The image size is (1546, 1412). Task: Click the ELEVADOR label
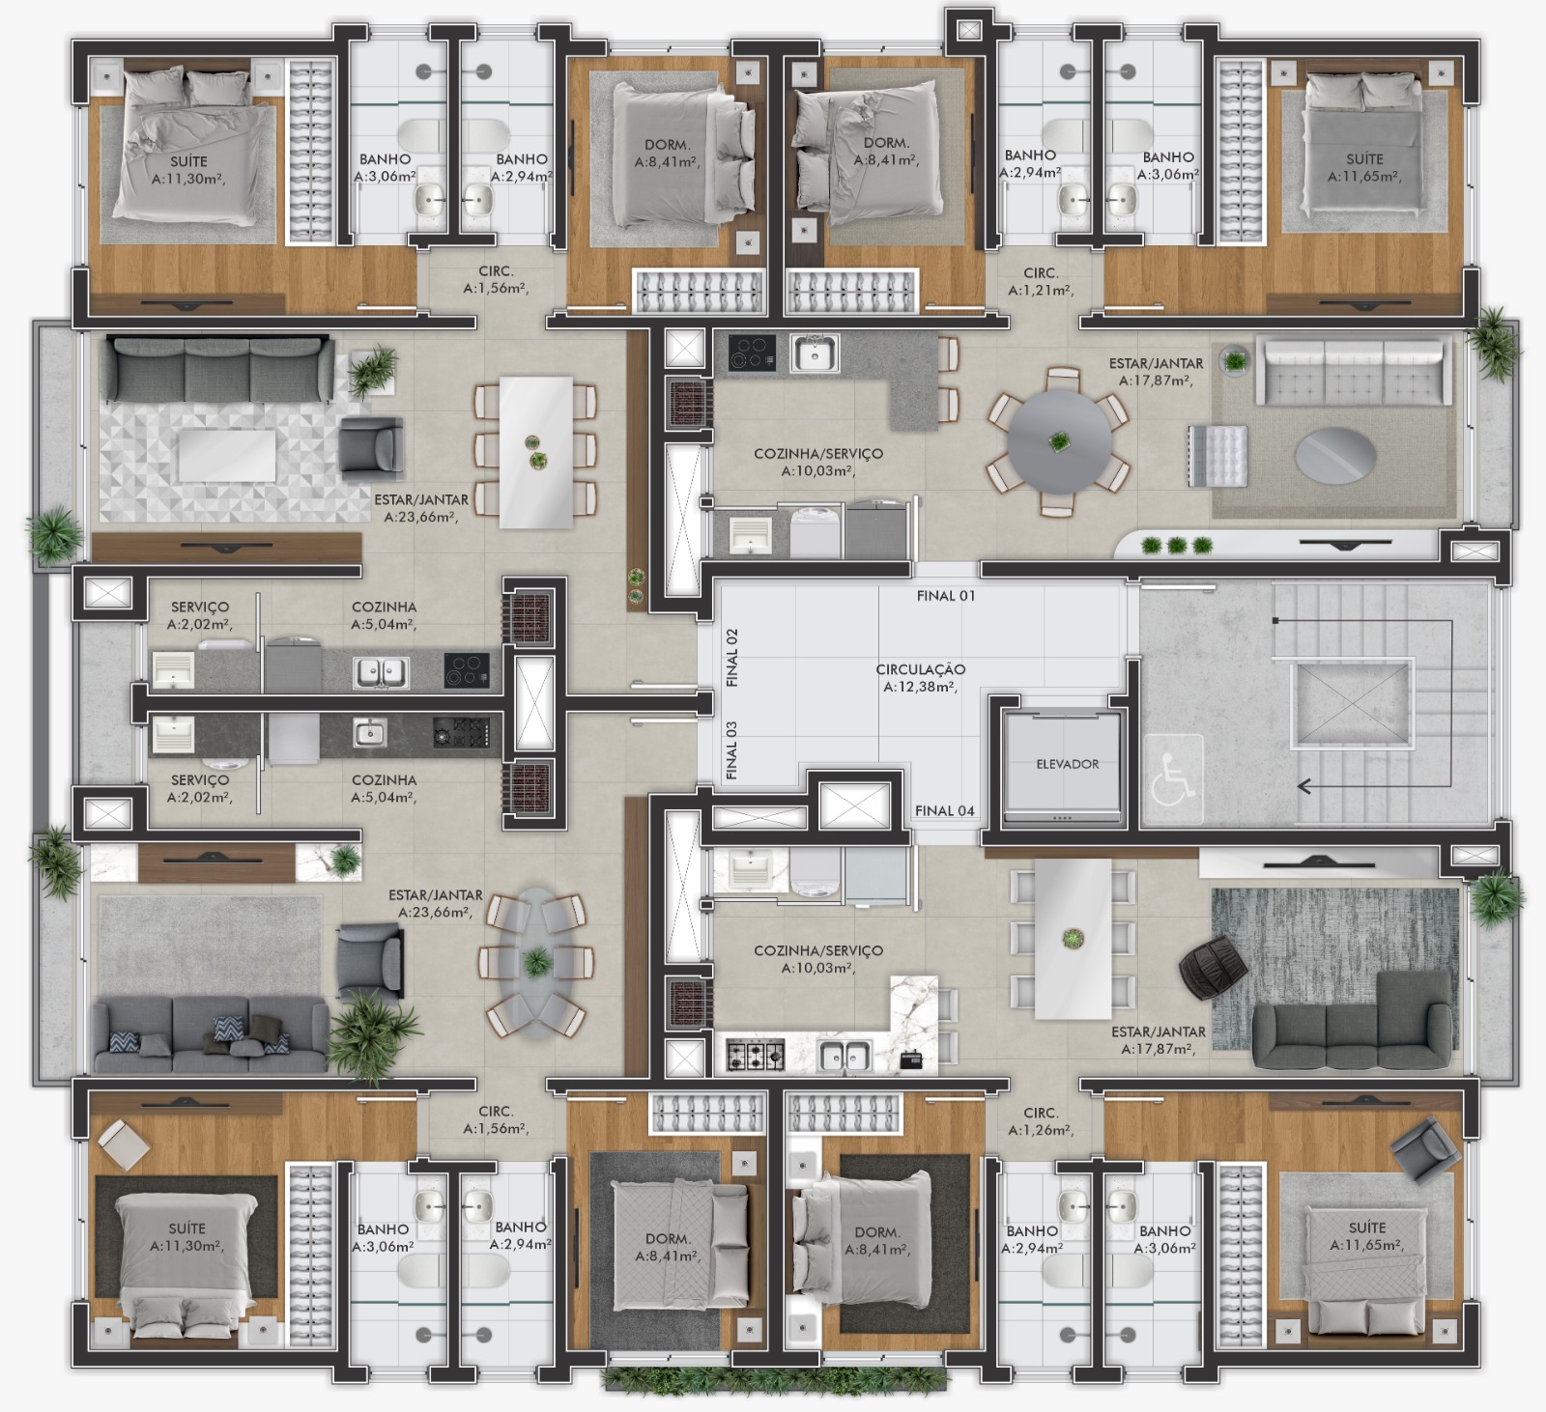pos(1067,764)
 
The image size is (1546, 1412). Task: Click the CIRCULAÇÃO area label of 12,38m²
pos(920,678)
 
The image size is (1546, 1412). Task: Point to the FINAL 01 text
pos(946,596)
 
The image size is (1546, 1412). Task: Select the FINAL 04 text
pos(944,810)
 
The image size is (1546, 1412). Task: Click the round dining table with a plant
pos(1059,442)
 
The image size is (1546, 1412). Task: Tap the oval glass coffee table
pos(1334,453)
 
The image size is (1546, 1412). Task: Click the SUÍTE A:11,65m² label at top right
pos(1364,168)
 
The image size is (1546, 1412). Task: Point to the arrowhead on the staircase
pos(1304,786)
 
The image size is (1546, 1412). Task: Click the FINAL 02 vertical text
pos(731,658)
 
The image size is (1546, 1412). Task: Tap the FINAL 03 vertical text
pos(731,750)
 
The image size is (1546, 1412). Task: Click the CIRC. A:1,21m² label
pos(1041,282)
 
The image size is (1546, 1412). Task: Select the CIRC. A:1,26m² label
pos(1041,1121)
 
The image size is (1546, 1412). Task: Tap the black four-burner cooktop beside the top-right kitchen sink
pos(752,353)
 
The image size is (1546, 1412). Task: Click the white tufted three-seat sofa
pos(1353,372)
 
